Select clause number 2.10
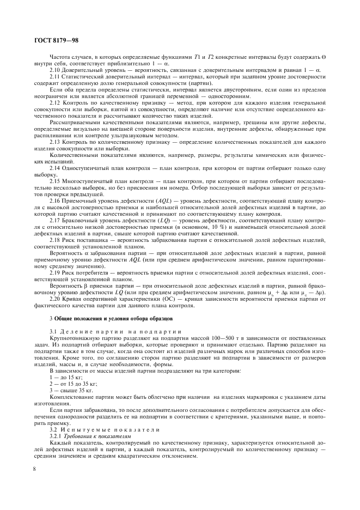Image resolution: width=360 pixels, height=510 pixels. click(56, 71)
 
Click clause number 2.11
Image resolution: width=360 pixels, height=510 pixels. click(56, 77)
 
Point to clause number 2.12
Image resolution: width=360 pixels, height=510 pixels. click(56, 102)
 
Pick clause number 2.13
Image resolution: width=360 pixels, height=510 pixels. click(56, 142)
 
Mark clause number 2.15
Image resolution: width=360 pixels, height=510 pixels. click(56, 180)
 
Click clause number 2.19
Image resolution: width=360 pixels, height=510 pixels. click(56, 271)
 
